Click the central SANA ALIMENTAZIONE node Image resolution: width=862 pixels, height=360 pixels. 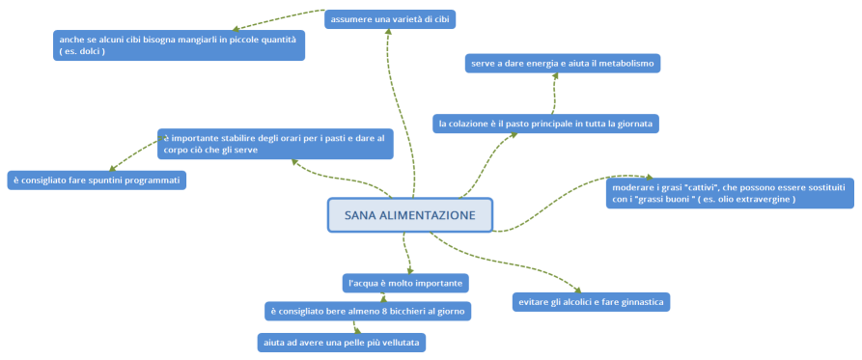410,215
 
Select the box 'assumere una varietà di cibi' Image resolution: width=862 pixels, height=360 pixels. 390,18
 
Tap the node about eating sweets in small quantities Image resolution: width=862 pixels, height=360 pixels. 179,44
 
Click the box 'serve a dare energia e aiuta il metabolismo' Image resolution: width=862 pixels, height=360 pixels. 563,63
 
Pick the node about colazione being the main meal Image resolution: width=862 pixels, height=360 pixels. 545,123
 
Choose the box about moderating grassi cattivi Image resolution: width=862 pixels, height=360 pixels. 731,191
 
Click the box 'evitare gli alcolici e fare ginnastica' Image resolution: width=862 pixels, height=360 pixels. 591,302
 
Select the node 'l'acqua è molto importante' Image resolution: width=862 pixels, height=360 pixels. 406,283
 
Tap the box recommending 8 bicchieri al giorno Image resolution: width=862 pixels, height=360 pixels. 368,311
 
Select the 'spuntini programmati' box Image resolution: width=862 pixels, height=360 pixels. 96,180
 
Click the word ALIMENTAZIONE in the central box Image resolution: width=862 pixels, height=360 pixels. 429,215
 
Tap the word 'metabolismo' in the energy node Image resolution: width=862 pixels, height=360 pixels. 624,63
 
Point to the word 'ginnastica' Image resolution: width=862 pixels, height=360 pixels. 637,302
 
